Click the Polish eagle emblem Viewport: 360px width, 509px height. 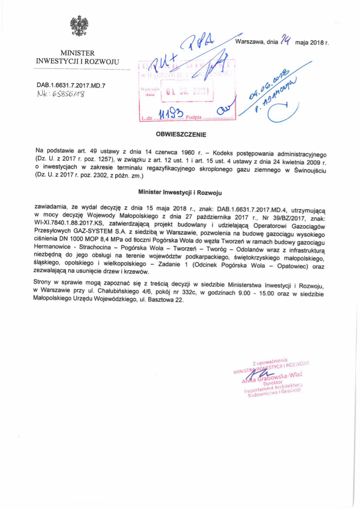click(79, 26)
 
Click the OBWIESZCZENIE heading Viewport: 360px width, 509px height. click(181, 135)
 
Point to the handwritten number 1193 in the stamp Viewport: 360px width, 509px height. click(168, 114)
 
